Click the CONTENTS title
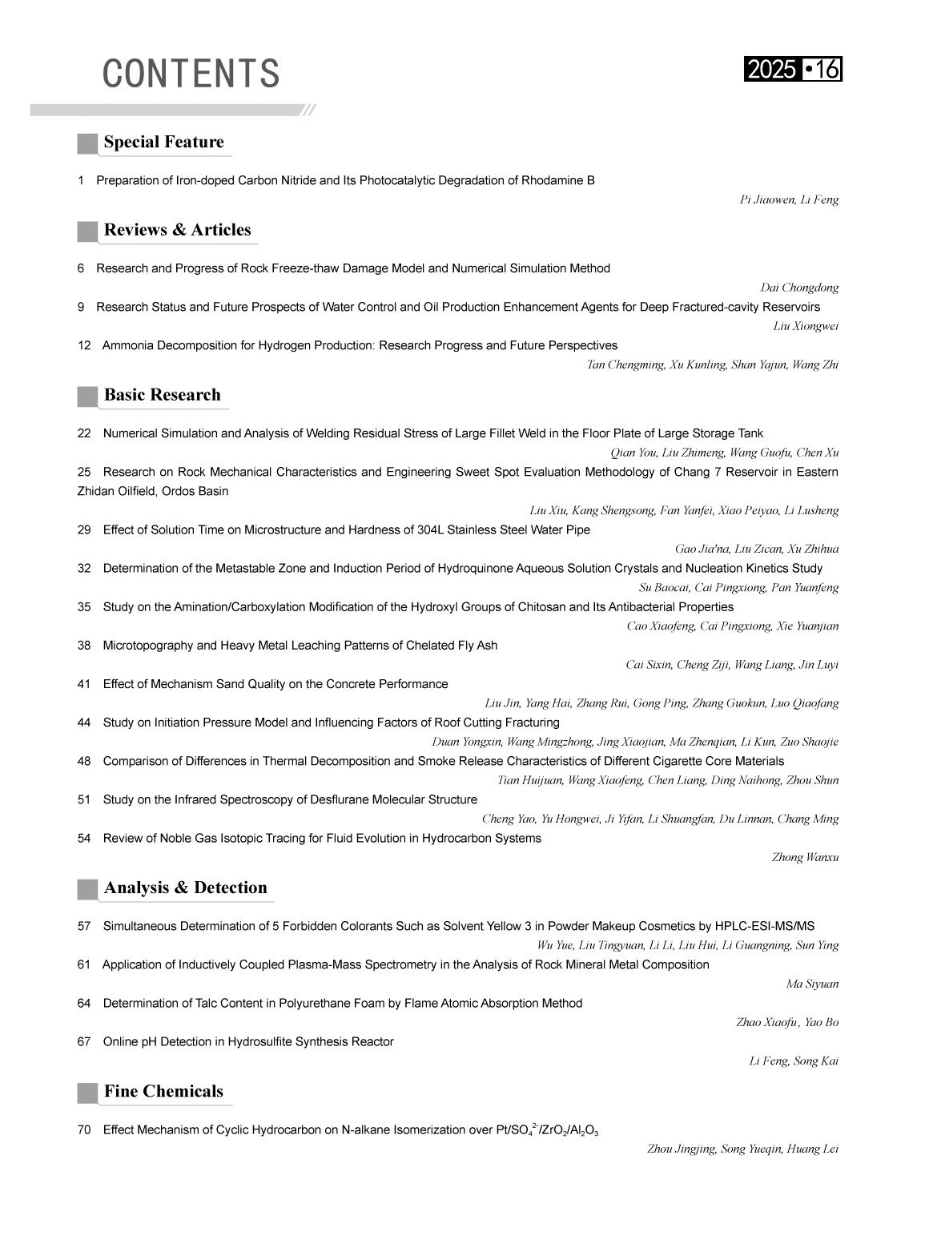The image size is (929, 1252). click(191, 74)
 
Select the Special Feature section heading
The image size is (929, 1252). click(163, 143)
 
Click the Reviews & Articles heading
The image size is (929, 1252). click(177, 231)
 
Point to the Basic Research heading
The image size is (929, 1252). click(162, 396)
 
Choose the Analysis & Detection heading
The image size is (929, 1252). click(185, 888)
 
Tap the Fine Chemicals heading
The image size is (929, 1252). click(163, 1092)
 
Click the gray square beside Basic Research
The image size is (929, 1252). click(87, 397)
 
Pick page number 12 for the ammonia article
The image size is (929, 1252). click(84, 346)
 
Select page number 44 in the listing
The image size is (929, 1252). click(84, 723)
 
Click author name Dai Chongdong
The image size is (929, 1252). click(799, 288)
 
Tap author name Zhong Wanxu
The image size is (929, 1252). click(805, 858)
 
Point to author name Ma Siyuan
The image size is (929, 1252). click(812, 984)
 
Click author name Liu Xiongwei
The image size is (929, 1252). click(806, 327)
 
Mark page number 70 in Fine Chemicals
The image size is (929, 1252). click(84, 1130)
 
